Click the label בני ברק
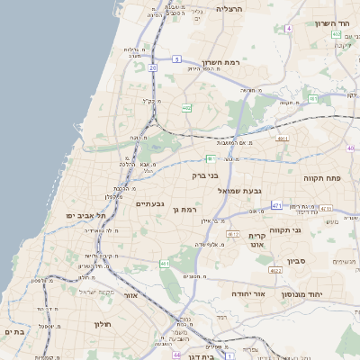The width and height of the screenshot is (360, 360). [x=206, y=176]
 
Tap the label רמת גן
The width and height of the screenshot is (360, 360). [x=184, y=209]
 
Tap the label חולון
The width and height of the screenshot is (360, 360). [x=102, y=323]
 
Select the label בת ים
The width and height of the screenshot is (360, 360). [x=14, y=332]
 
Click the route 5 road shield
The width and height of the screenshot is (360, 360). [x=176, y=58]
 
